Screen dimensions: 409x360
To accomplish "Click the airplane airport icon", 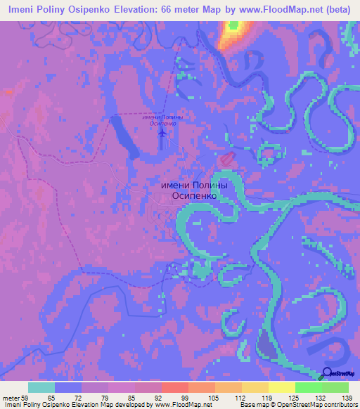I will click(163, 131).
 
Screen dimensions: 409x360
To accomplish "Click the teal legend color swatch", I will click(41, 387).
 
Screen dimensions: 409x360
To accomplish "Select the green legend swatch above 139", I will click(335, 387).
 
